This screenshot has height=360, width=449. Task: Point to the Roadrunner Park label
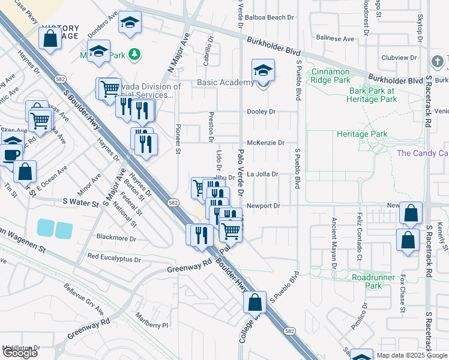pos(367,281)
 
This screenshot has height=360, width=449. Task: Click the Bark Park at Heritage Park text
pos(372,95)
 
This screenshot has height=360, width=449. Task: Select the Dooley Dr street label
pos(261,112)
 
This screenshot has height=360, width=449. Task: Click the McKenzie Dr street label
pos(265,143)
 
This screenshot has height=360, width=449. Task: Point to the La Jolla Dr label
pos(262,175)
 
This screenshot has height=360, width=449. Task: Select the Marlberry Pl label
pos(152,325)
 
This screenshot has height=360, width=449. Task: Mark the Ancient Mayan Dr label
pos(334,241)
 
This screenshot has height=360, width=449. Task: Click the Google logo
pos(20,353)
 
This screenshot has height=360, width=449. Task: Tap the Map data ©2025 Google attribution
pos(412,355)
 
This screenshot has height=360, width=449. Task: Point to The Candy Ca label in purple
pos(423,153)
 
